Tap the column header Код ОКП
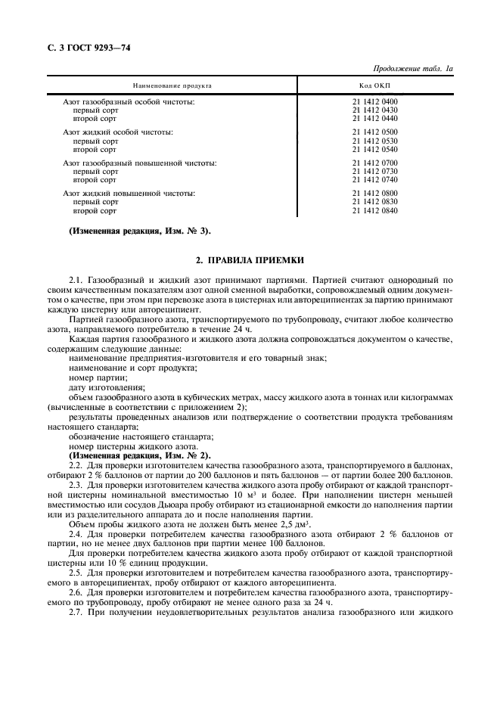374,86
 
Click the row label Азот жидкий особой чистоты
118,132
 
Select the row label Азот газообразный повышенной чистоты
140,163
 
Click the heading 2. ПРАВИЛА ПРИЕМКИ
250,260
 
